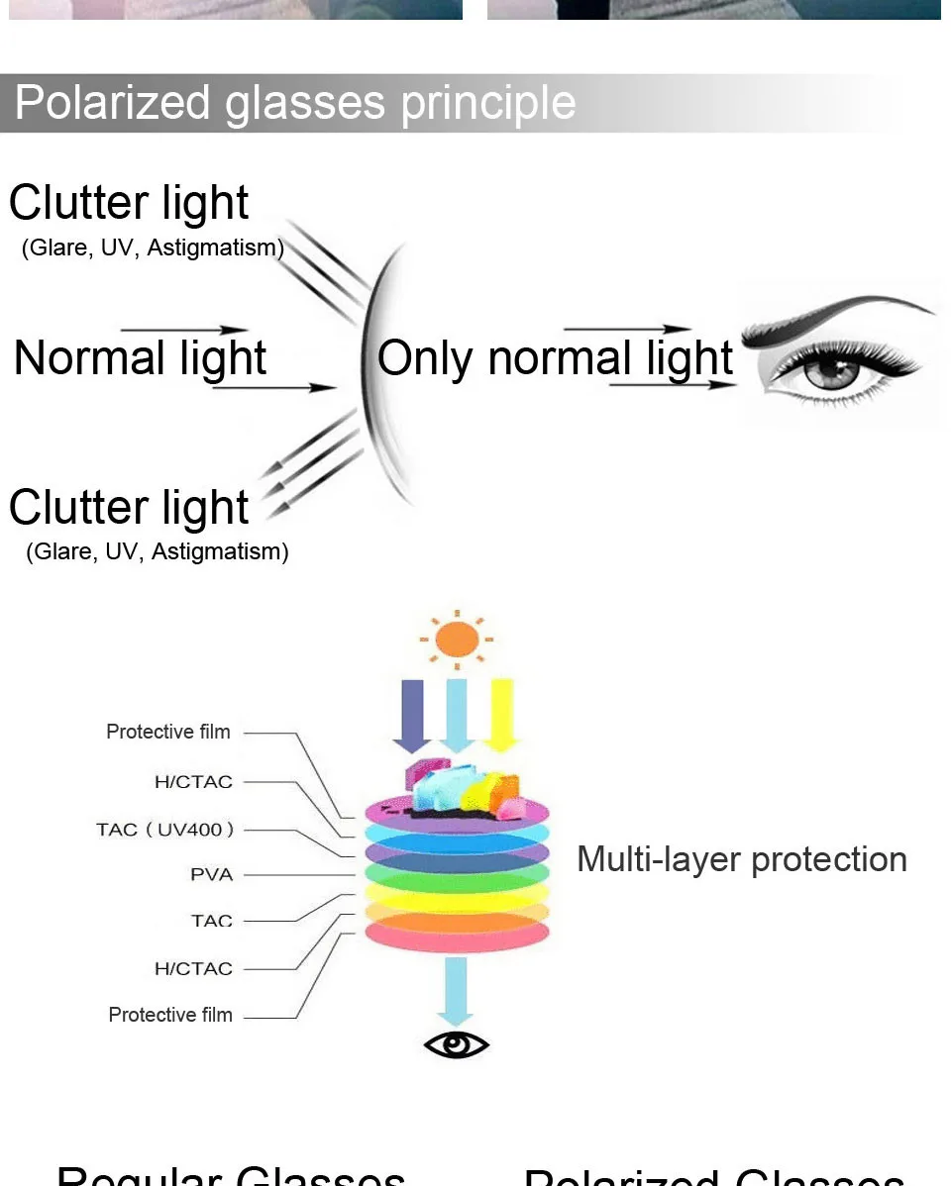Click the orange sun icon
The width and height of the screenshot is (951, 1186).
coord(455,640)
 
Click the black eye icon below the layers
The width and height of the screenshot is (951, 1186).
coord(456,1044)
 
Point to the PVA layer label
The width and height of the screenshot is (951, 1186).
coord(212,874)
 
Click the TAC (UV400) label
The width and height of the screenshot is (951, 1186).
coord(165,829)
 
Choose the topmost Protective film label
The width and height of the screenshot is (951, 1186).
coord(168,732)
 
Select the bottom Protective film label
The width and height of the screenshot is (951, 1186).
coord(170,1015)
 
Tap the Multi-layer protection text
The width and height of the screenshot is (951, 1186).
coord(741,858)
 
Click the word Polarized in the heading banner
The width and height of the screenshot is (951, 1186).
coord(114,103)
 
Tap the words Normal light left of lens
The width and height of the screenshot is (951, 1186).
coord(140,357)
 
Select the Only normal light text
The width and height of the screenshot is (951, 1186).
coord(555,357)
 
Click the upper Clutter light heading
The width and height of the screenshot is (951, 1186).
coord(129,202)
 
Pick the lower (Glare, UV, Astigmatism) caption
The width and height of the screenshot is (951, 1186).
coord(158,551)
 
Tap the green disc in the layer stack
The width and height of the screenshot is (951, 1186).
coord(457,875)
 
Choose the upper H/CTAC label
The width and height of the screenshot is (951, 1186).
coord(193,781)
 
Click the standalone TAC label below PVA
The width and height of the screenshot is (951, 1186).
coord(212,921)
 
